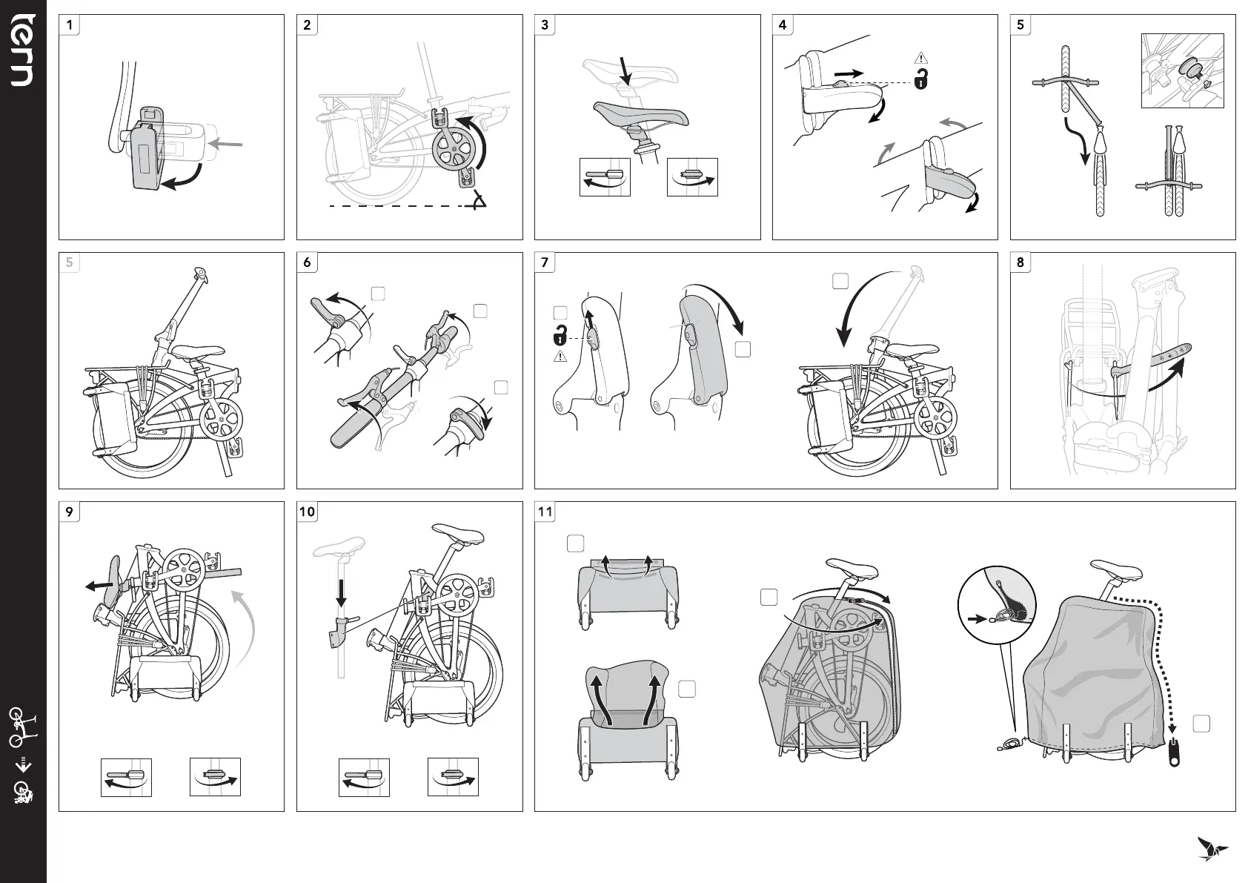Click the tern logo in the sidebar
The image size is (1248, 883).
click(21, 50)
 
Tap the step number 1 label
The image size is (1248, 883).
click(70, 24)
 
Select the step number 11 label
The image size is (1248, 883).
click(545, 512)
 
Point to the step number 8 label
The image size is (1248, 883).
click(1020, 262)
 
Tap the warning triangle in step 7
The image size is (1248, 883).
click(560, 357)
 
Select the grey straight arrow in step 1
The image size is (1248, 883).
click(228, 146)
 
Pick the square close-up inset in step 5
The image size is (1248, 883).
click(1182, 70)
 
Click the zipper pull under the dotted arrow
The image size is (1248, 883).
click(1174, 753)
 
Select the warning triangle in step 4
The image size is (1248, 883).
click(920, 58)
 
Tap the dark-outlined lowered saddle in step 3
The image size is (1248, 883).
click(641, 115)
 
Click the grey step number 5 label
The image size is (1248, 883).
click(70, 262)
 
